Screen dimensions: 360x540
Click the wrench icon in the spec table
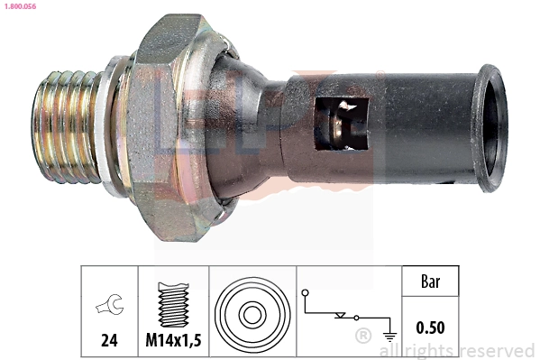click(x=108, y=308)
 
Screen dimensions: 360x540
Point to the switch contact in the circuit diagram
click(x=343, y=315)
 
